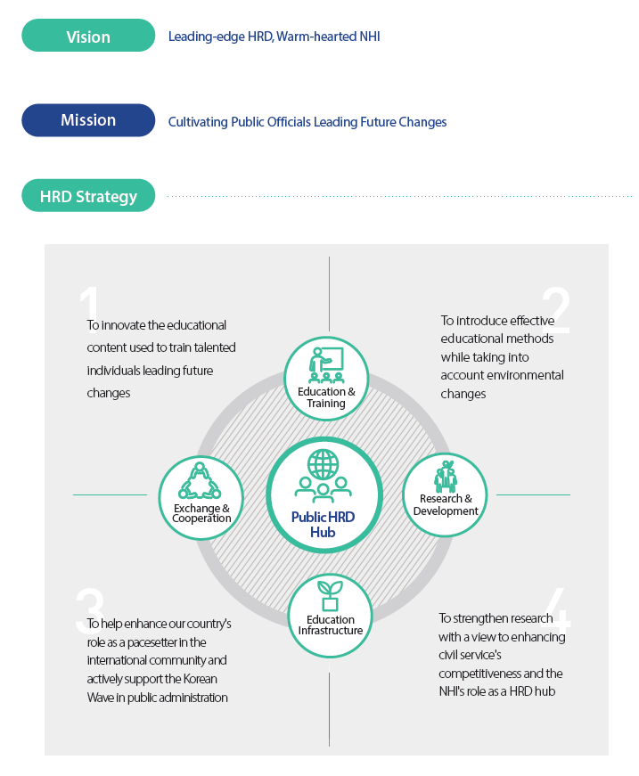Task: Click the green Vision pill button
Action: [88, 35]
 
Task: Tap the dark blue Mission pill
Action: [88, 120]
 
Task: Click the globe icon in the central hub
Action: [324, 463]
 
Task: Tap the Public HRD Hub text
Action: [323, 525]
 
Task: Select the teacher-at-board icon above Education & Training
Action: [326, 364]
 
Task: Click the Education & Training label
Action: [326, 397]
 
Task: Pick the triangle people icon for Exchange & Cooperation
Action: [200, 480]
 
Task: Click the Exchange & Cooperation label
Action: [201, 513]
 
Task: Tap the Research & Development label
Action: [446, 505]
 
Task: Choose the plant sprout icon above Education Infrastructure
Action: [330, 596]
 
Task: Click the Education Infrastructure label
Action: [330, 625]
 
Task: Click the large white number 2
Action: [556, 310]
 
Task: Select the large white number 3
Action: [90, 610]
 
